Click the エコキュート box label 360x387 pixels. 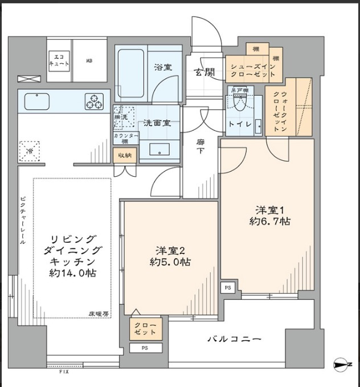pyautogui.click(x=59, y=59)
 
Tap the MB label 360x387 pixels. pyautogui.click(x=89, y=60)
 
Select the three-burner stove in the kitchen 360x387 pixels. pyautogui.click(x=94, y=101)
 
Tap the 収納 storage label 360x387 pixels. pyautogui.click(x=125, y=156)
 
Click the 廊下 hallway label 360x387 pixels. pyautogui.click(x=201, y=146)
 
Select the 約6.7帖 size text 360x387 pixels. pyautogui.click(x=269, y=221)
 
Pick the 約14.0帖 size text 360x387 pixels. pyautogui.click(x=72, y=273)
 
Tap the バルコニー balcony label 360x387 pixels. pyautogui.click(x=234, y=340)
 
